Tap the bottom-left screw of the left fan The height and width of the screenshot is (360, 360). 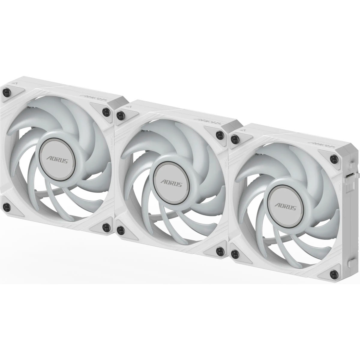(x=7, y=206)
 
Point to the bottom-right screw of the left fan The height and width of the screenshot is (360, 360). (x=105, y=227)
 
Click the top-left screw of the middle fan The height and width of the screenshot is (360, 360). (x=121, y=115)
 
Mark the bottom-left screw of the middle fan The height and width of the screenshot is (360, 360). (x=121, y=230)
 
